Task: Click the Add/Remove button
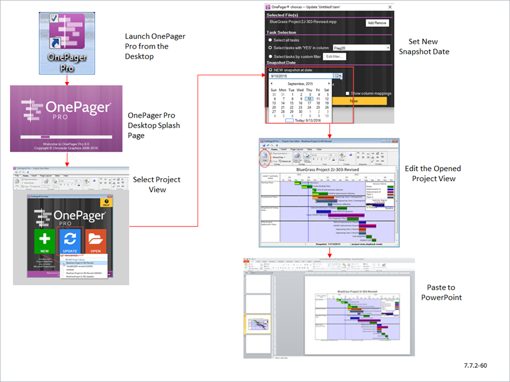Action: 377,23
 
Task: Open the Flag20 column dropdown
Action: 388,48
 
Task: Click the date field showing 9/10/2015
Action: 300,75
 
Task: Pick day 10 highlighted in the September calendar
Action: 308,98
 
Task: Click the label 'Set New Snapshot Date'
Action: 424,47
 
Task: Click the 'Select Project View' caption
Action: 156,184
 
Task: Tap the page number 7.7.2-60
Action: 474,366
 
